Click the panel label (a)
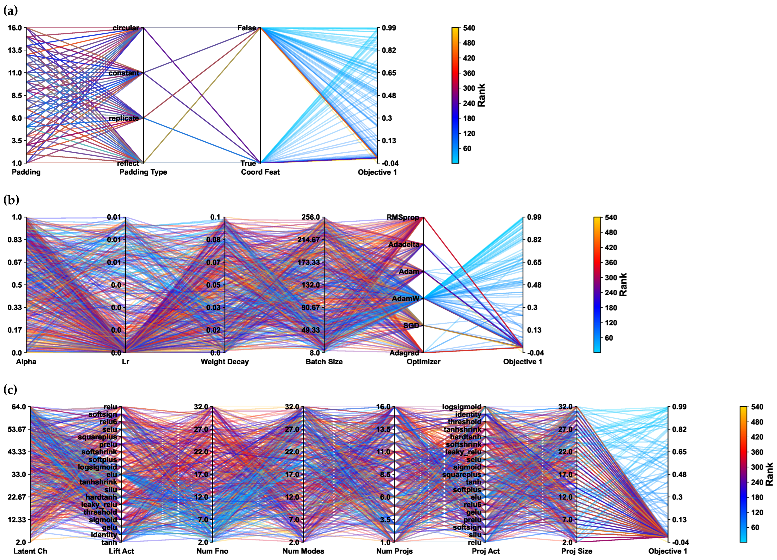coord(10,11)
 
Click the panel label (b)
coord(11,200)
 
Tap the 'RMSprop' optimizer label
coord(403,217)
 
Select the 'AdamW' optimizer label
coord(406,298)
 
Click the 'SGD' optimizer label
coord(411,326)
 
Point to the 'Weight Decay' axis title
coord(225,362)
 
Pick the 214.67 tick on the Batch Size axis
coord(308,240)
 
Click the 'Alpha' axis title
coord(26,362)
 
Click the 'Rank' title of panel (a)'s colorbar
coord(481,95)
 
